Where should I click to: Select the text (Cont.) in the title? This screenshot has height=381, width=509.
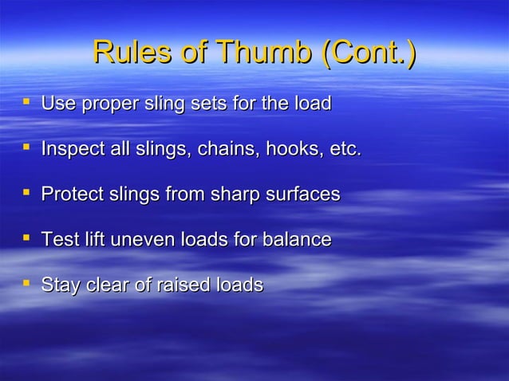pos(368,53)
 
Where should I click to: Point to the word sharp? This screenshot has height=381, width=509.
pos(232,194)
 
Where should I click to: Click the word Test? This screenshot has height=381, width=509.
pos(58,239)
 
